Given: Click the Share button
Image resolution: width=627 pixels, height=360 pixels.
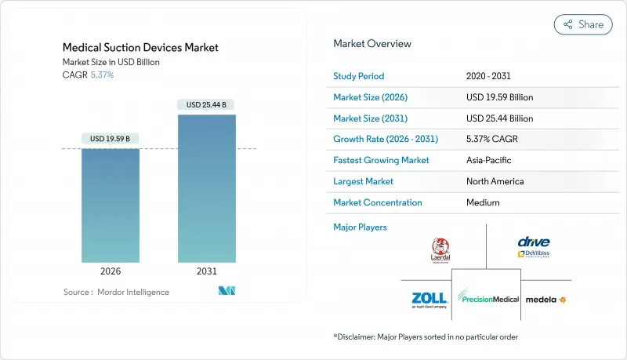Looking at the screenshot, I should tap(583, 24).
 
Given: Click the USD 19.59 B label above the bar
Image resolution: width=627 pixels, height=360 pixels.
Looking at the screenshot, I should tap(111, 139).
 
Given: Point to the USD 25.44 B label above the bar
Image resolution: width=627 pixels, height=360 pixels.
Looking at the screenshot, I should tap(207, 104).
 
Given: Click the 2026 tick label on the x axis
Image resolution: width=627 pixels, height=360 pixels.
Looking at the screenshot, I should tap(111, 271).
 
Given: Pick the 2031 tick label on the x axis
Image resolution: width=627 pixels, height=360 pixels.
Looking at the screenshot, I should tap(207, 271).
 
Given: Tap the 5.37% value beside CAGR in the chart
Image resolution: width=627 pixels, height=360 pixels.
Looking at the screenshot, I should tap(102, 75).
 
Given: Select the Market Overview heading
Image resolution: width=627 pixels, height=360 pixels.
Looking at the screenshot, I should tap(372, 43).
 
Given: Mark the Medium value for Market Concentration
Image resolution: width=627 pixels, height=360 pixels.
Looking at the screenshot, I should tap(483, 202).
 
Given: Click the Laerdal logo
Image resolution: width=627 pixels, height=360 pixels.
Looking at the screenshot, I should tap(440, 249).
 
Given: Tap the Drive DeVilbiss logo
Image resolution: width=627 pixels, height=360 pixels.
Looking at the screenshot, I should tap(533, 247).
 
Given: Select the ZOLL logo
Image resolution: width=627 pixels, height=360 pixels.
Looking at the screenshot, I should tap(429, 299).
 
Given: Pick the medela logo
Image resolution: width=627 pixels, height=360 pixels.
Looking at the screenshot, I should tap(545, 300).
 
